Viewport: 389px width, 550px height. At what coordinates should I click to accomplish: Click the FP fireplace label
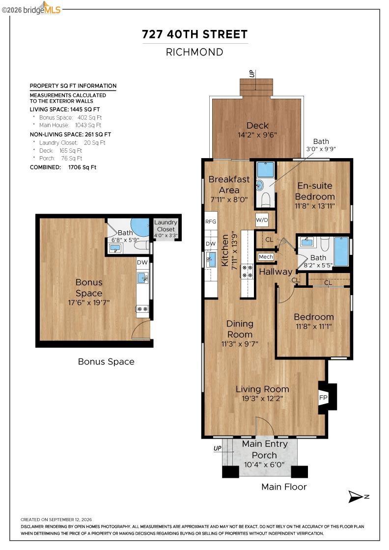coord(323,398)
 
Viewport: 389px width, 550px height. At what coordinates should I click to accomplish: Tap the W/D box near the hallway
coord(262,220)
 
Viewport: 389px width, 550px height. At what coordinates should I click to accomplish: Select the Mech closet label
coord(266,257)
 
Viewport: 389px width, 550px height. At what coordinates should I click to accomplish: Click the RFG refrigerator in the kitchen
coord(211,221)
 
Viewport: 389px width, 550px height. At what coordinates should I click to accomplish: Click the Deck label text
coord(257,126)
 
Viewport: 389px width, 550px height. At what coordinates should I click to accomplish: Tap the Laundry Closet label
coord(166,225)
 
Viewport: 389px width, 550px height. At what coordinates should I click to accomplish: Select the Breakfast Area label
coord(229,185)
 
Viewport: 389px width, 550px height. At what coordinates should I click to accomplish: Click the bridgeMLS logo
coord(31,9)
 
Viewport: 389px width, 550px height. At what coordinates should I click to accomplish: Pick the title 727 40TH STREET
coord(194,34)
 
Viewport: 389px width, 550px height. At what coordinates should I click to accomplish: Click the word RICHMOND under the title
coord(194,52)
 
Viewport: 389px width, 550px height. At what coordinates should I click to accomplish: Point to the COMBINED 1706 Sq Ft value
coord(82,167)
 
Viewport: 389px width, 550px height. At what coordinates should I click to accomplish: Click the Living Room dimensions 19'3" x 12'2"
coord(262,398)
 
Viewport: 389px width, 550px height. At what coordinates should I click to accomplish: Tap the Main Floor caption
coord(284,487)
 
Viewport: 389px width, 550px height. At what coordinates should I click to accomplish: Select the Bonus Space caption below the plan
coord(106,361)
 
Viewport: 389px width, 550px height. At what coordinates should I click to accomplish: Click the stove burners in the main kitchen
coord(247,272)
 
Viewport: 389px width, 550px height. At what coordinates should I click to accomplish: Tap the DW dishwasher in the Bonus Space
coord(142,262)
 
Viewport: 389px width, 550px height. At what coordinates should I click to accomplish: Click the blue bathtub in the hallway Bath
coord(341,251)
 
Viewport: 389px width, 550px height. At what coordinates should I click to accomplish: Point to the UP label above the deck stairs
coord(251,74)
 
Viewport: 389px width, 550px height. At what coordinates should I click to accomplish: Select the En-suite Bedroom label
coord(315,191)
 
